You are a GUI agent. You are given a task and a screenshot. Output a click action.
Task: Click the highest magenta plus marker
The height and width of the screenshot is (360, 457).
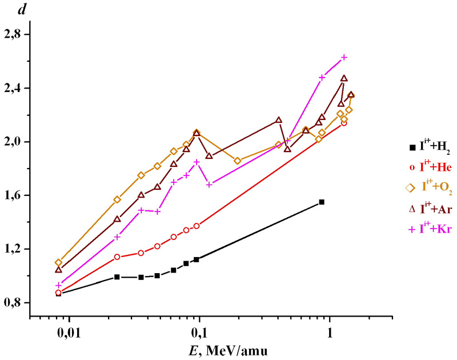pyautogui.click(x=344, y=57)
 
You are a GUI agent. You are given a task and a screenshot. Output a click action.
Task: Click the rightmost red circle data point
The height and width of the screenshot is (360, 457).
pyautogui.click(x=344, y=123)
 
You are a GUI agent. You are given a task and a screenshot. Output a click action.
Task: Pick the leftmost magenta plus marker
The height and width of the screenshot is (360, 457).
pyautogui.click(x=58, y=285)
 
